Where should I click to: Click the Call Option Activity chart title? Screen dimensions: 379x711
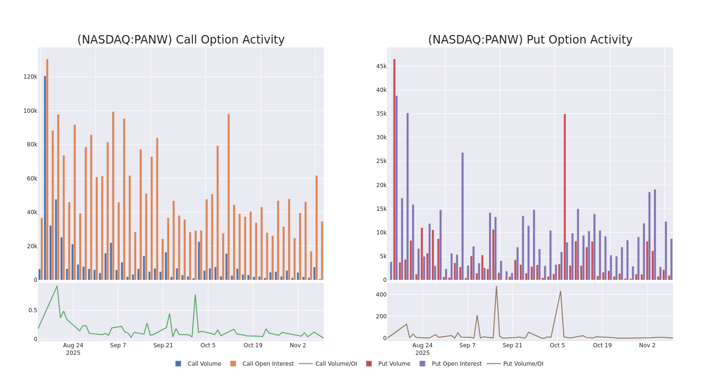click(x=181, y=40)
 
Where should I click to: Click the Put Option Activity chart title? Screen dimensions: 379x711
click(x=530, y=40)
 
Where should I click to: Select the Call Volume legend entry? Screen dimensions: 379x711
click(x=199, y=364)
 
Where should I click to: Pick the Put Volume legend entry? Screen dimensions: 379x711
click(x=388, y=364)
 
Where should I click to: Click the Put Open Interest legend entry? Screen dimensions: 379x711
click(x=450, y=364)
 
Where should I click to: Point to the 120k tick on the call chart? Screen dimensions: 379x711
click(x=30, y=77)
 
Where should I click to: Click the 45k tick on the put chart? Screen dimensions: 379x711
click(x=381, y=66)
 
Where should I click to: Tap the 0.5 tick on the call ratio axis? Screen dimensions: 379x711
click(x=33, y=310)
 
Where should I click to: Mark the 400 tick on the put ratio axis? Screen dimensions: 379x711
click(x=381, y=295)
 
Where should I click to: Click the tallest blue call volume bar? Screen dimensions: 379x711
click(x=45, y=178)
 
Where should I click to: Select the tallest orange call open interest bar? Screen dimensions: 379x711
click(x=47, y=169)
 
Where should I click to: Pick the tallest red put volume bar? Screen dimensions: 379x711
click(x=394, y=169)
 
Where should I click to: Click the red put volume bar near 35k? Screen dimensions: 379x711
click(x=565, y=197)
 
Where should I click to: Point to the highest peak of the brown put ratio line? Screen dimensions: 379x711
click(x=496, y=286)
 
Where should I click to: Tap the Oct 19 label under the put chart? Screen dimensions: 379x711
click(x=602, y=345)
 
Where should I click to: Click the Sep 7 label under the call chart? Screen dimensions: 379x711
click(x=118, y=345)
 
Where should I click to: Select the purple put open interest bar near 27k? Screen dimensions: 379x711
click(x=463, y=216)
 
